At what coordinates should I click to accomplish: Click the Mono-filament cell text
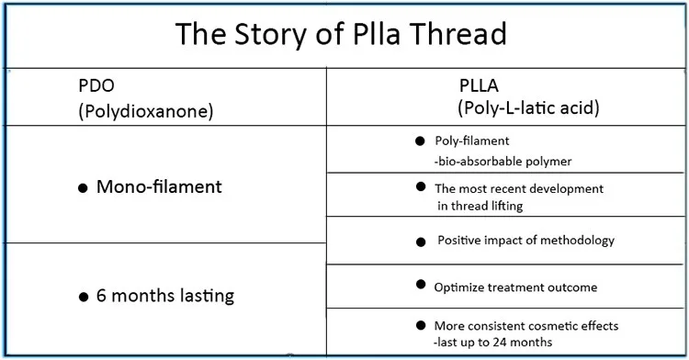click(158, 187)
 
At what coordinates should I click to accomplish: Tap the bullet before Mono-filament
click(83, 188)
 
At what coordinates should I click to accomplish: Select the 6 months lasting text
click(164, 296)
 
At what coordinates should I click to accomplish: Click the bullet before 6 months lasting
click(83, 297)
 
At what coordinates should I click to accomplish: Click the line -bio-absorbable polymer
click(503, 161)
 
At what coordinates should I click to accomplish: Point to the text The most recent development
click(519, 188)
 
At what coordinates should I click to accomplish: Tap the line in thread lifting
click(480, 206)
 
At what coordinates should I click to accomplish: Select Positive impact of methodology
click(525, 241)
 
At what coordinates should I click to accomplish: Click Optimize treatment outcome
click(515, 287)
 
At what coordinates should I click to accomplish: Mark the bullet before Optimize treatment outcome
click(420, 286)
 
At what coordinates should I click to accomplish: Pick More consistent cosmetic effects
click(526, 326)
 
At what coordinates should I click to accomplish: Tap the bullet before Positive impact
click(420, 241)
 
